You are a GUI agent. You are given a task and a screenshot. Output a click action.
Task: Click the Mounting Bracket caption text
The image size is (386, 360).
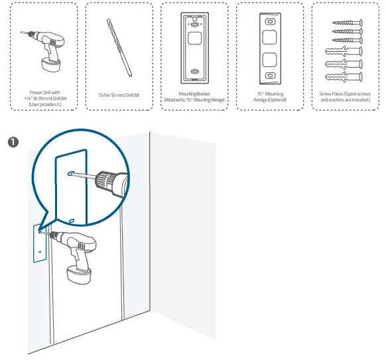tap(194, 97)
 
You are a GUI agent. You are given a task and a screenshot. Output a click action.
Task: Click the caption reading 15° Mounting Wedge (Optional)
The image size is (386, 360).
tap(269, 97)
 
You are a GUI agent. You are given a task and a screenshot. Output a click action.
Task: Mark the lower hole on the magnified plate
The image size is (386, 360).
tap(71, 221)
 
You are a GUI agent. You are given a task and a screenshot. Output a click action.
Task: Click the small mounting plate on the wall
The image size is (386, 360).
tap(38, 242)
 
